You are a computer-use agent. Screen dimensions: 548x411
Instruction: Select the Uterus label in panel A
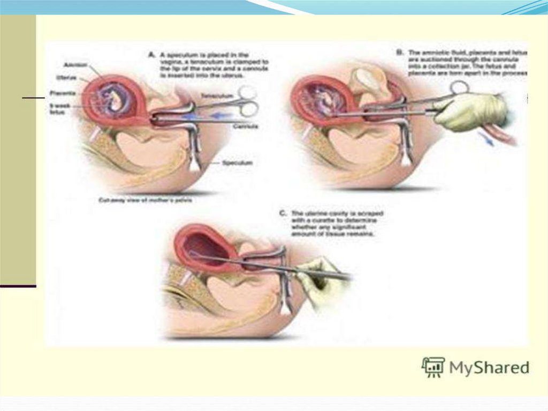pyautogui.click(x=70, y=78)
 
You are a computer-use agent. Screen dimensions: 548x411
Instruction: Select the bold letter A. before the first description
pyautogui.click(x=152, y=54)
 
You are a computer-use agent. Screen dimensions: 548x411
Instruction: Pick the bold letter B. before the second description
pyautogui.click(x=399, y=53)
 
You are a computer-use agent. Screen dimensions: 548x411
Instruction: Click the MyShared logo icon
pyautogui.click(x=432, y=367)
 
